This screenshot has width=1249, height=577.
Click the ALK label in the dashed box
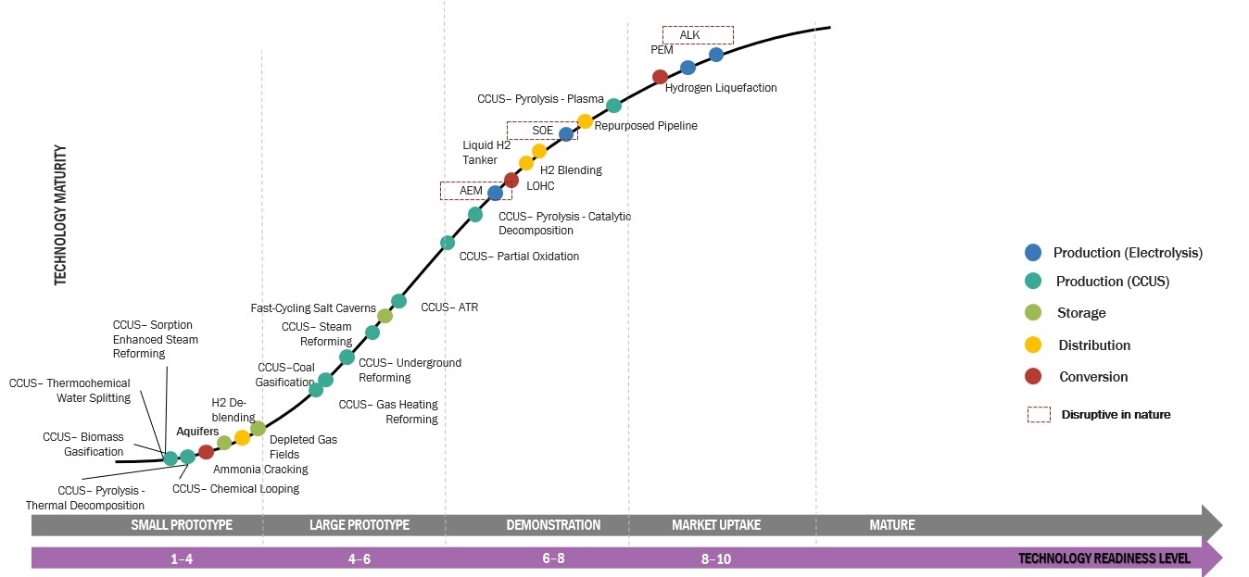pyautogui.click(x=689, y=35)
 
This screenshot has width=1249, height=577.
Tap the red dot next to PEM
pyautogui.click(x=661, y=77)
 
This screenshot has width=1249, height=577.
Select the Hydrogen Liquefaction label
pyautogui.click(x=721, y=88)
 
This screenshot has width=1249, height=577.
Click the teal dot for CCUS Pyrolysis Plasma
pyautogui.click(x=613, y=106)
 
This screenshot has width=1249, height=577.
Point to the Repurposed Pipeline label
pyautogui.click(x=645, y=126)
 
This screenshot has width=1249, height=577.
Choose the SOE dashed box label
pyautogui.click(x=542, y=131)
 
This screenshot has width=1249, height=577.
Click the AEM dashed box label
pyautogui.click(x=472, y=191)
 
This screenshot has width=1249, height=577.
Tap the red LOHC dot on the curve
pyautogui.click(x=511, y=180)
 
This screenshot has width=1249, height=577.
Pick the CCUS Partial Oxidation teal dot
pyautogui.click(x=448, y=243)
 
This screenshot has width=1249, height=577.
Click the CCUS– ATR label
pyautogui.click(x=449, y=307)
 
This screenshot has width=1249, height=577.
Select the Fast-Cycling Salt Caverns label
pyautogui.click(x=313, y=308)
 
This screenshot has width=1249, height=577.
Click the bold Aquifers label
pyautogui.click(x=197, y=432)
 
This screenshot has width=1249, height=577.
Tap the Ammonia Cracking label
pyautogui.click(x=260, y=470)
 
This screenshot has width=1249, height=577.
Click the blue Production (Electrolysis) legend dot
pyautogui.click(x=1034, y=252)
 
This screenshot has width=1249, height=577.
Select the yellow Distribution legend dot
pyautogui.click(x=1034, y=345)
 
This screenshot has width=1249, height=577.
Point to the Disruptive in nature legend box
pyautogui.click(x=1039, y=415)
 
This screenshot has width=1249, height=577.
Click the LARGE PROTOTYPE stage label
pyautogui.click(x=359, y=525)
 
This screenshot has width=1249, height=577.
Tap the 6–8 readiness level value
pyautogui.click(x=553, y=558)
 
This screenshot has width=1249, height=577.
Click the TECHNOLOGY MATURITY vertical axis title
pyautogui.click(x=61, y=215)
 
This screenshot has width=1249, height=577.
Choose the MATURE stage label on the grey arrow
pyautogui.click(x=891, y=525)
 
